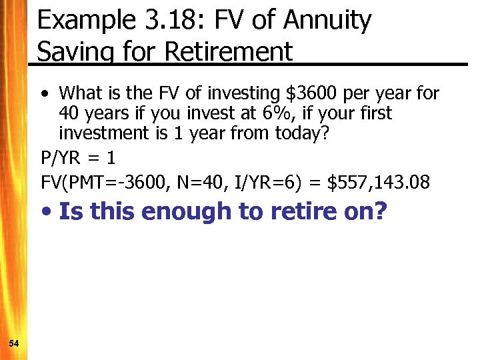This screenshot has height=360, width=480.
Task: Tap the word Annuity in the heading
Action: point(327,20)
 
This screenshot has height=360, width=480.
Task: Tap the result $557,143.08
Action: point(384,181)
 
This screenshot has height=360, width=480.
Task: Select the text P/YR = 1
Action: point(78,159)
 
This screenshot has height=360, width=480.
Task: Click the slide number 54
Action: point(14,343)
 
